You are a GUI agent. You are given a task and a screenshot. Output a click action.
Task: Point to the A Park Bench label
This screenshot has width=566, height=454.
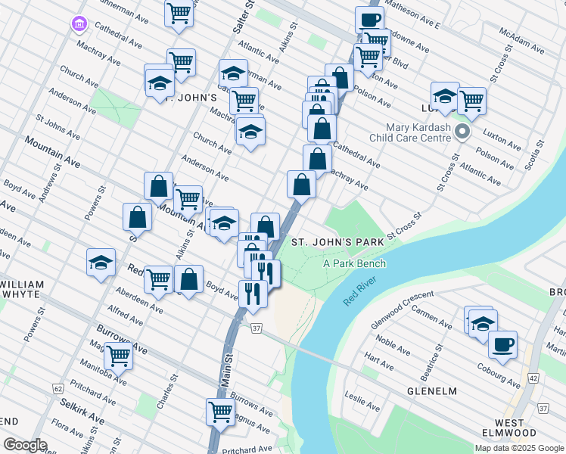pos(355,263)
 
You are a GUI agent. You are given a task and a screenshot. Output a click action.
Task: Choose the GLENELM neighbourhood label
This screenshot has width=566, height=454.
pos(432,390)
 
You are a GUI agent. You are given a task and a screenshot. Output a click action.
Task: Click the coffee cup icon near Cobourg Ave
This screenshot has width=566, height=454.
pos(502,346)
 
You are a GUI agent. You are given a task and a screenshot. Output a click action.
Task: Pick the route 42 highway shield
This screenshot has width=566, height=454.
pos(533,378)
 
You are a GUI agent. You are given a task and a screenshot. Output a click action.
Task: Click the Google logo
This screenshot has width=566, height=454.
pos(24,445)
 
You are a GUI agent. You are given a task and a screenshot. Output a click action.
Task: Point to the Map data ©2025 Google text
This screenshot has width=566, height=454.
pos(519,448)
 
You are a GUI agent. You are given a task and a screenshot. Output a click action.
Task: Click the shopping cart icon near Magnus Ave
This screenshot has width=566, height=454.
pos(220,412)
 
